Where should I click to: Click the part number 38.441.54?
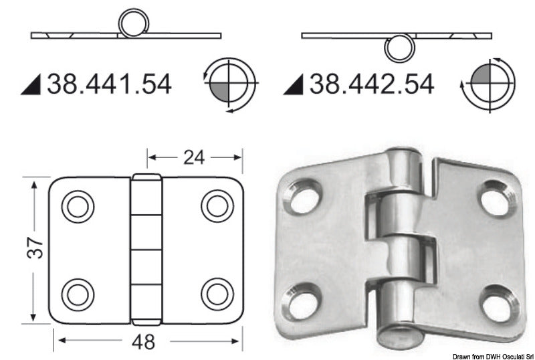pos(109,84)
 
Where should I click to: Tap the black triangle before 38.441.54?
pos(33,85)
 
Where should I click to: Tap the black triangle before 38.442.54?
pos(294,85)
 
